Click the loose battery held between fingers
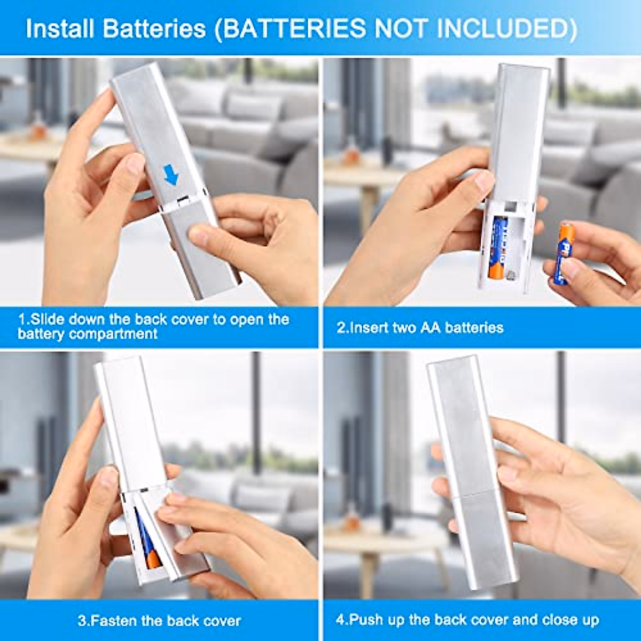click(x=564, y=253)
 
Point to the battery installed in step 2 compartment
click(x=498, y=247)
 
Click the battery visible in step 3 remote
click(x=147, y=540)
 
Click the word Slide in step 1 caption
click(x=45, y=319)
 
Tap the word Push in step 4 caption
click(x=365, y=620)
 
